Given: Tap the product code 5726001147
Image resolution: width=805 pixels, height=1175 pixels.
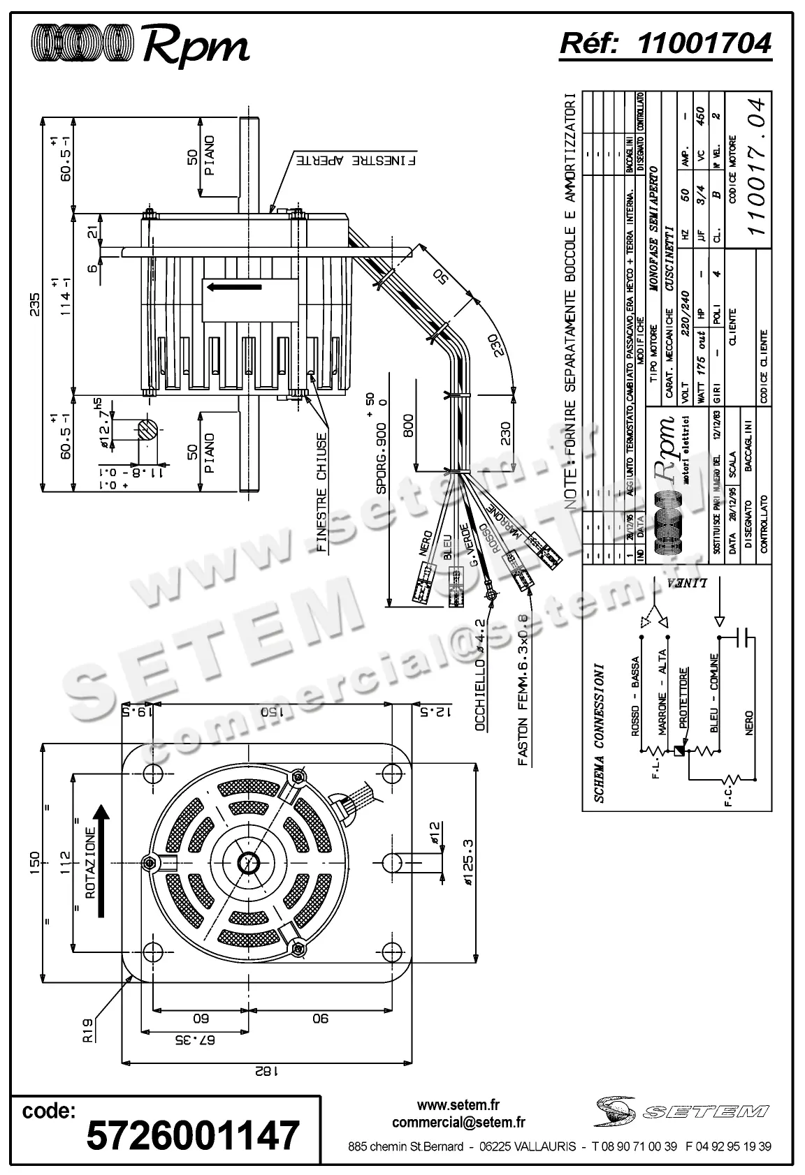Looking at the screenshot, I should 192,1135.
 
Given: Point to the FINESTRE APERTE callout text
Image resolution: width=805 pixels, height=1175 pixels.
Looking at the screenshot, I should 356,160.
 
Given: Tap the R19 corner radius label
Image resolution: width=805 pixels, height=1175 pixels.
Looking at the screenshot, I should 88,1030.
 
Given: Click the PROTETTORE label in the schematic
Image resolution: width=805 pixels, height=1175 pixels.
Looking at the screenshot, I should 683,698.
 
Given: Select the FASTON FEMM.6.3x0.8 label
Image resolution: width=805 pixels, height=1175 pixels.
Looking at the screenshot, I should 522,690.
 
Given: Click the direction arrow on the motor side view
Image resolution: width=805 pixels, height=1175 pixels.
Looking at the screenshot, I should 233,286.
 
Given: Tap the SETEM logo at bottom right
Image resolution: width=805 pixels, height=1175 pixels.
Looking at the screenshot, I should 681,1110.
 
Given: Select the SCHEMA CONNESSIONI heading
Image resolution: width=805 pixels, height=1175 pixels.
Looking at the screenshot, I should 600,732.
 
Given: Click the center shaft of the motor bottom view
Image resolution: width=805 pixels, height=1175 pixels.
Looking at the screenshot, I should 248,863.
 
